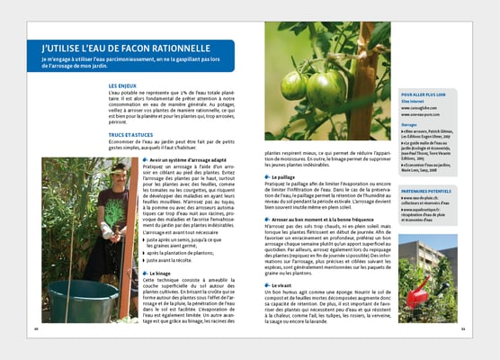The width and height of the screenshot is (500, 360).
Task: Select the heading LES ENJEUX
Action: [123, 85]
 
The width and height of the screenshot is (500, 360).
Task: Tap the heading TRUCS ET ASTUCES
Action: [130, 138]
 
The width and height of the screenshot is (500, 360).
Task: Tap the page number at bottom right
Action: [462, 328]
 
